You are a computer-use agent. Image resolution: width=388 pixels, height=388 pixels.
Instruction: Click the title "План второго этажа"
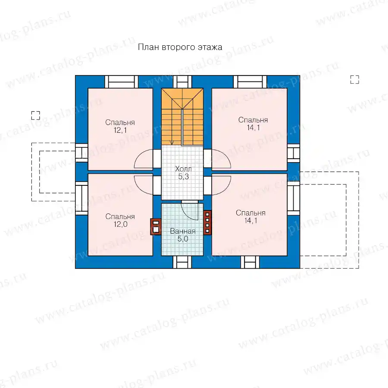click(x=180, y=47)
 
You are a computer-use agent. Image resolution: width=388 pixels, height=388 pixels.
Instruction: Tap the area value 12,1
click(x=120, y=130)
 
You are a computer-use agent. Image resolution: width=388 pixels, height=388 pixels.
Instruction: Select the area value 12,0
click(x=121, y=224)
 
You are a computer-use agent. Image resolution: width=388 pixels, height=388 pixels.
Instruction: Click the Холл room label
click(x=183, y=169)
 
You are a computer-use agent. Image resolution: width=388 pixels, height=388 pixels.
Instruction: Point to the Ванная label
click(x=183, y=231)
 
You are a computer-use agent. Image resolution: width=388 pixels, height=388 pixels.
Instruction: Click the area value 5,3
click(x=183, y=176)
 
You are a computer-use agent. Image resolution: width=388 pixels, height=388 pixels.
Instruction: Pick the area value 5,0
click(x=183, y=239)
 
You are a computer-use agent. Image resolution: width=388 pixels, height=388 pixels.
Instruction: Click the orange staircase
click(x=182, y=116)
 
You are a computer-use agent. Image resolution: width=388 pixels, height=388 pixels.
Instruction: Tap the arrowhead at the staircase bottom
click(x=172, y=143)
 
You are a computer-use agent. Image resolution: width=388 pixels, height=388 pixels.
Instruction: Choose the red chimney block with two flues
click(x=156, y=227)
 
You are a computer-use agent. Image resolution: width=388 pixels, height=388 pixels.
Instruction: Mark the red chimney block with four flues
click(x=207, y=222)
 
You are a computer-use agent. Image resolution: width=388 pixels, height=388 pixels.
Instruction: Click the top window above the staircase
click(x=182, y=82)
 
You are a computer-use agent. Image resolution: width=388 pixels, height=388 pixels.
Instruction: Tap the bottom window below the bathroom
click(x=182, y=262)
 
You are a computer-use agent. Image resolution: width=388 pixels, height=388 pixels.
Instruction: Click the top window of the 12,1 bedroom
click(x=121, y=82)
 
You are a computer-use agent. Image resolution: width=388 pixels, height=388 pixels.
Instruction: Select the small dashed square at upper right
click(x=355, y=80)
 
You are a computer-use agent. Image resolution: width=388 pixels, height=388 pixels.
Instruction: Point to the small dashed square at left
click(x=36, y=116)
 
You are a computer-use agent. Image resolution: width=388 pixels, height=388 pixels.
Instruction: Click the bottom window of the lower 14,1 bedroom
click(x=250, y=262)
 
